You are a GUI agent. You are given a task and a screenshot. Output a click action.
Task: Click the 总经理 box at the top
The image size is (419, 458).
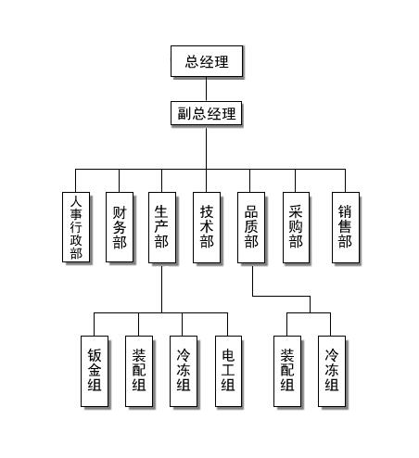206,62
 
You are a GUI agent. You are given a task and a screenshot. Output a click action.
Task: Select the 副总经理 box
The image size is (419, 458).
206,114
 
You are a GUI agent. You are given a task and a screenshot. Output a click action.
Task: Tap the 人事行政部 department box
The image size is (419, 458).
76,226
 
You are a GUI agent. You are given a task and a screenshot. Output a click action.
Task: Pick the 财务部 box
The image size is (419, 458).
119,226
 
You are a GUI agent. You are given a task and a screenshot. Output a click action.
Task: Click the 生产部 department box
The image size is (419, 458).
161,226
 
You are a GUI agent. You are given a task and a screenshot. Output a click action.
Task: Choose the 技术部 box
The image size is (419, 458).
206,226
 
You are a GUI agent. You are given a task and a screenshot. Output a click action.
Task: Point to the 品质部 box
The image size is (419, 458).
250,226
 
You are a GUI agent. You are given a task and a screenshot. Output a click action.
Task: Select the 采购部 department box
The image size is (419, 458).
296,226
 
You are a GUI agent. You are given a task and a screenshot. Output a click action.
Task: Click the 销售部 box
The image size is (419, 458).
345,226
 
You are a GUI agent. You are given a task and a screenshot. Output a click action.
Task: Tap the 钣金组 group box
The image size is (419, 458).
95,371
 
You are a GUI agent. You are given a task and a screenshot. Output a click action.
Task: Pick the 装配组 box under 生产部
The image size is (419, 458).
138,371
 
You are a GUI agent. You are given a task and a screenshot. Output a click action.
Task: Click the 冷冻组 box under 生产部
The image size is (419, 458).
183,371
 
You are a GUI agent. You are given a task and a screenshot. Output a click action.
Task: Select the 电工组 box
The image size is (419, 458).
228,371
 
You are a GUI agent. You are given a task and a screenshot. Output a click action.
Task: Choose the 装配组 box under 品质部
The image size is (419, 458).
287,371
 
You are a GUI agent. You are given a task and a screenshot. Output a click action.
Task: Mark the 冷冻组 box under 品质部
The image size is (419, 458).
331,371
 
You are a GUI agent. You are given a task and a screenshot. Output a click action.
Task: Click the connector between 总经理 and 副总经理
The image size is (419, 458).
206,88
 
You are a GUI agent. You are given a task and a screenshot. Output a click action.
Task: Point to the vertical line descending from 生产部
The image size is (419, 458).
161,287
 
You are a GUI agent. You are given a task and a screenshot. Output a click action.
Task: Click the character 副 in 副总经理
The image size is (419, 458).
184,114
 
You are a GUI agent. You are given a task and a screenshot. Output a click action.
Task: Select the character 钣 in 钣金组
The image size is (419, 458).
95,355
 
